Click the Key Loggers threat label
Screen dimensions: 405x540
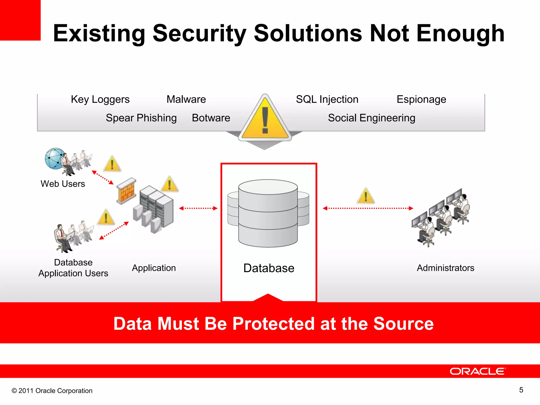click(100, 100)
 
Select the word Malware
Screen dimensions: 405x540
click(186, 99)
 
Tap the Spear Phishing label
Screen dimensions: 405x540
click(141, 118)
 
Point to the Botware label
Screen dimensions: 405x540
click(211, 118)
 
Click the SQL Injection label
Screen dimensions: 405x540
click(327, 99)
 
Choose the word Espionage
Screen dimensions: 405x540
click(421, 99)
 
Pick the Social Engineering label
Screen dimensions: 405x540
click(372, 118)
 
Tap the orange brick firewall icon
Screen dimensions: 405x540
click(127, 191)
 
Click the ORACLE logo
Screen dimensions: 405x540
click(478, 371)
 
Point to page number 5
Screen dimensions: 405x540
click(521, 390)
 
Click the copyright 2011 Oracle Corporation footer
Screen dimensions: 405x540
click(52, 391)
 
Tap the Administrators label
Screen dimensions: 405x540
click(445, 268)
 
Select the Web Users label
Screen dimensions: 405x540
click(63, 184)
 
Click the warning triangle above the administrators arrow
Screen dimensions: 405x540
click(366, 196)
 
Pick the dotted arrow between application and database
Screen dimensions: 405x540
click(198, 208)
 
